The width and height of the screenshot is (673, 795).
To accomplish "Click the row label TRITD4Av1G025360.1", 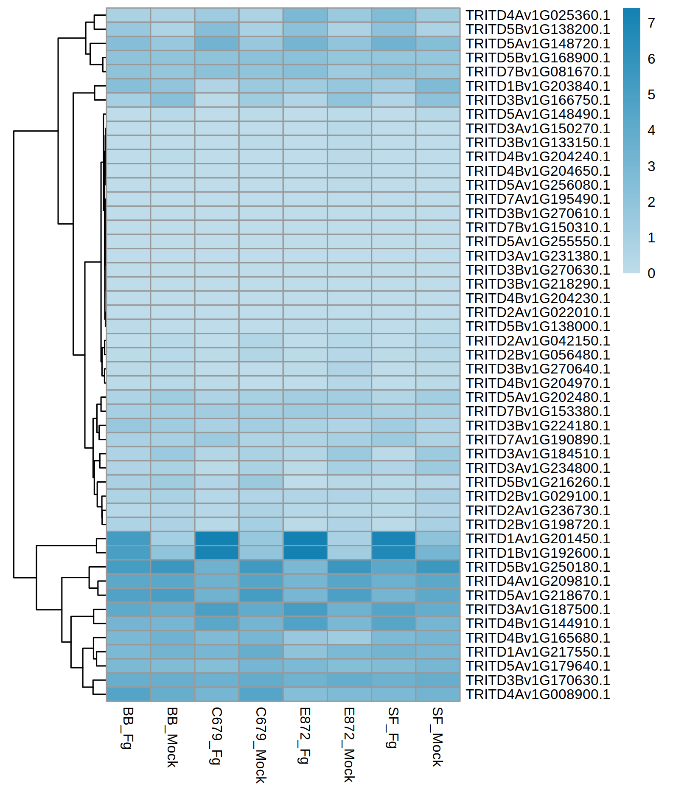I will tap(538, 15).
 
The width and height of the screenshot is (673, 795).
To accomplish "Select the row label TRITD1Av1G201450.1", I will tap(538, 539).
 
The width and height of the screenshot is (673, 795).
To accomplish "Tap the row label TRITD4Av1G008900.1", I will tap(538, 694).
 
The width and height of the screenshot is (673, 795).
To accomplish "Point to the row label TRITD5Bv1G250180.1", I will tap(538, 567).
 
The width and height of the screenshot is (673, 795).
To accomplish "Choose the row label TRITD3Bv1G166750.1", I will tap(538, 100).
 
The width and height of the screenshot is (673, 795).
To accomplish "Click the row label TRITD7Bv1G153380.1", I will tap(538, 411).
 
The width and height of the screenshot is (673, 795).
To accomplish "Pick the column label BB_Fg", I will tap(128, 728).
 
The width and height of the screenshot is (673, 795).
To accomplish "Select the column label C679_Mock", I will tap(261, 745).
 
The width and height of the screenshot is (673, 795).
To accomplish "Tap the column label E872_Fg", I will tap(305, 735).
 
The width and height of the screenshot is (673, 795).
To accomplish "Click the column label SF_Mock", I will tap(437, 736).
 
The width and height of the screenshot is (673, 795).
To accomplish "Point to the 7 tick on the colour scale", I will tap(651, 23).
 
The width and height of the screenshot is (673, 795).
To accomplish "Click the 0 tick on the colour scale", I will tap(651, 273).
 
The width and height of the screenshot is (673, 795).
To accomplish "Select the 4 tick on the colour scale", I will tap(651, 130).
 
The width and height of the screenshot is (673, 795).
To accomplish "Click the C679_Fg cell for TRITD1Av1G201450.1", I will tap(216, 539).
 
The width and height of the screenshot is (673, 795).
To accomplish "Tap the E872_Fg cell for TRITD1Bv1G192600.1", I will tap(305, 553).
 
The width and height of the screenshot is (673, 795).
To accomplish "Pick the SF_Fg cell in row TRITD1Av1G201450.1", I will tap(393, 539).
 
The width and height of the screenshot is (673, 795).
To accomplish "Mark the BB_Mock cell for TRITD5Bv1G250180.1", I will tap(172, 567).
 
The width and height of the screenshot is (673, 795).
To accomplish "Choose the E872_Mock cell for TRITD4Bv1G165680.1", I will tap(349, 638).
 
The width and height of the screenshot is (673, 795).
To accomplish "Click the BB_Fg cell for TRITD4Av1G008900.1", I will tap(128, 694).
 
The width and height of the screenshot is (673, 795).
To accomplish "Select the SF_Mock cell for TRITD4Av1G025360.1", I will tap(438, 15).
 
